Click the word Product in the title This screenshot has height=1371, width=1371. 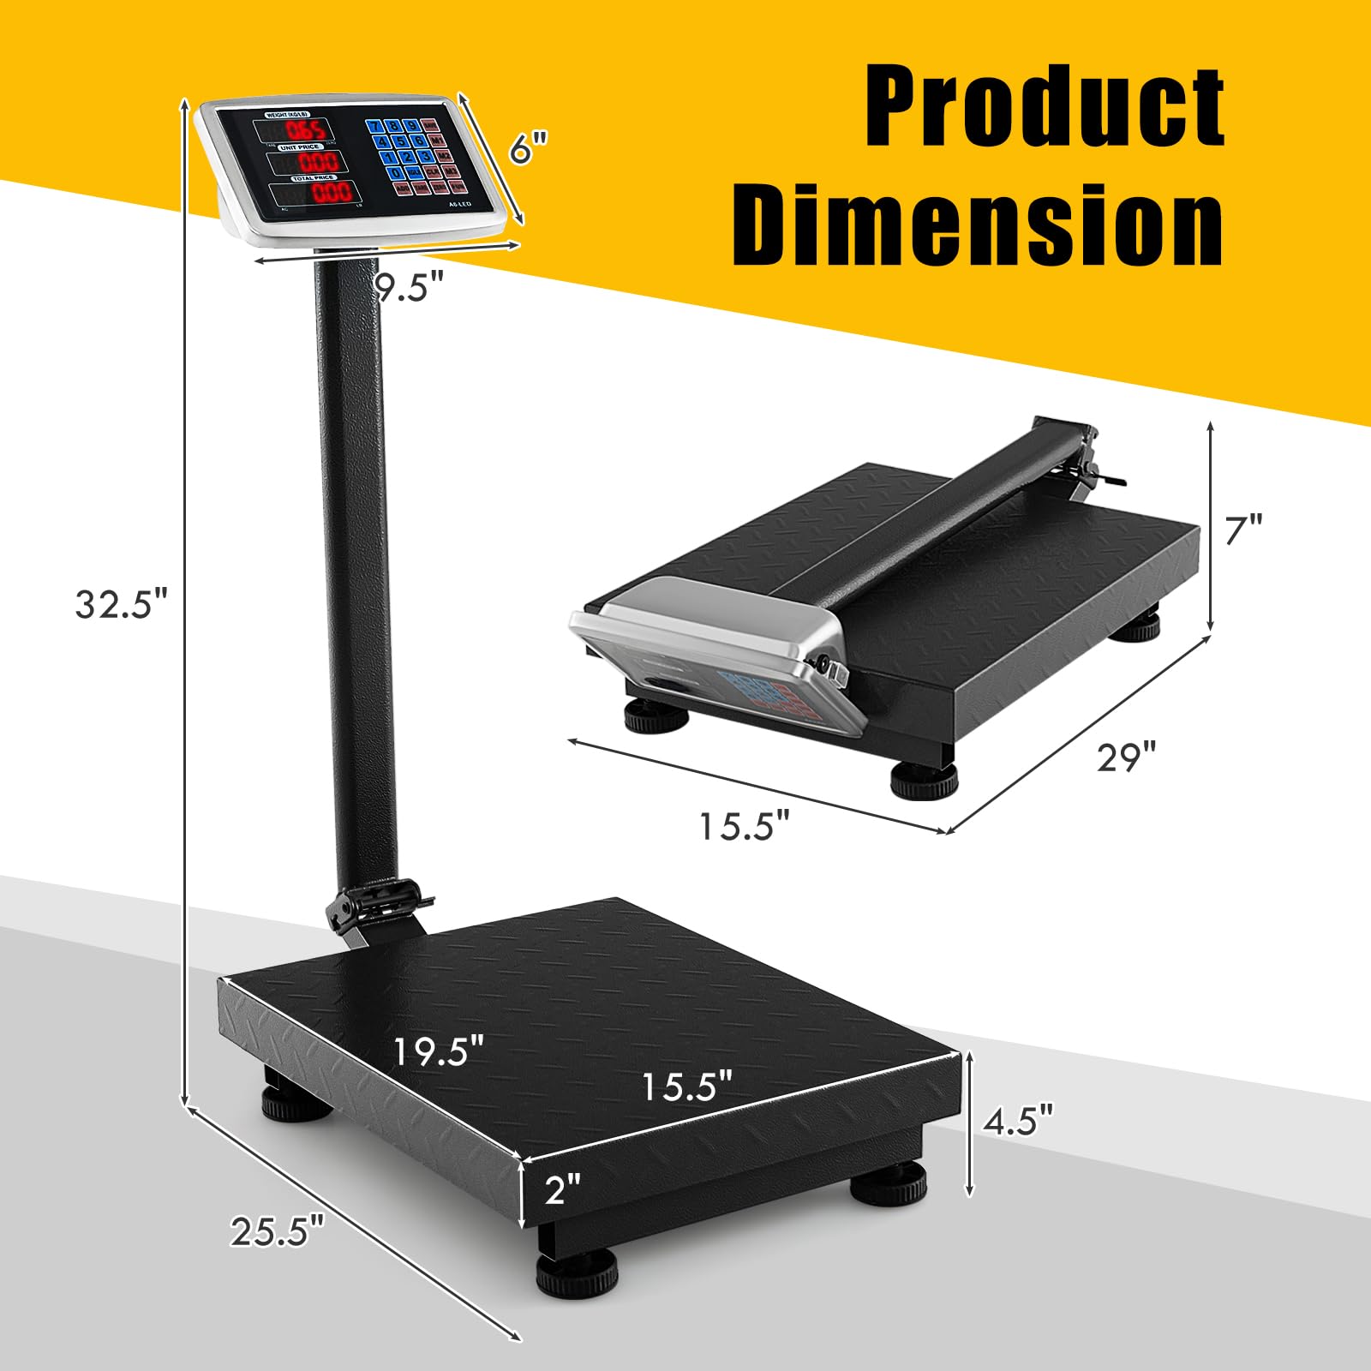[1044, 109]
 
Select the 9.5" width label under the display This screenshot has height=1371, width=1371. [410, 287]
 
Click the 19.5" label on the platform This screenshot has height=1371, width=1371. [439, 1051]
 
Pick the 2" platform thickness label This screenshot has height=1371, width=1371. [562, 1188]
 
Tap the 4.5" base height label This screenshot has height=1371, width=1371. [1017, 1120]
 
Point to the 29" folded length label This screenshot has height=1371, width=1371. [1126, 757]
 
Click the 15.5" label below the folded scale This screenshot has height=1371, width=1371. [743, 827]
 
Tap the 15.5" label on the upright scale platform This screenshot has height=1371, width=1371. [687, 1087]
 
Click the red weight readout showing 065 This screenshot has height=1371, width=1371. [305, 130]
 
